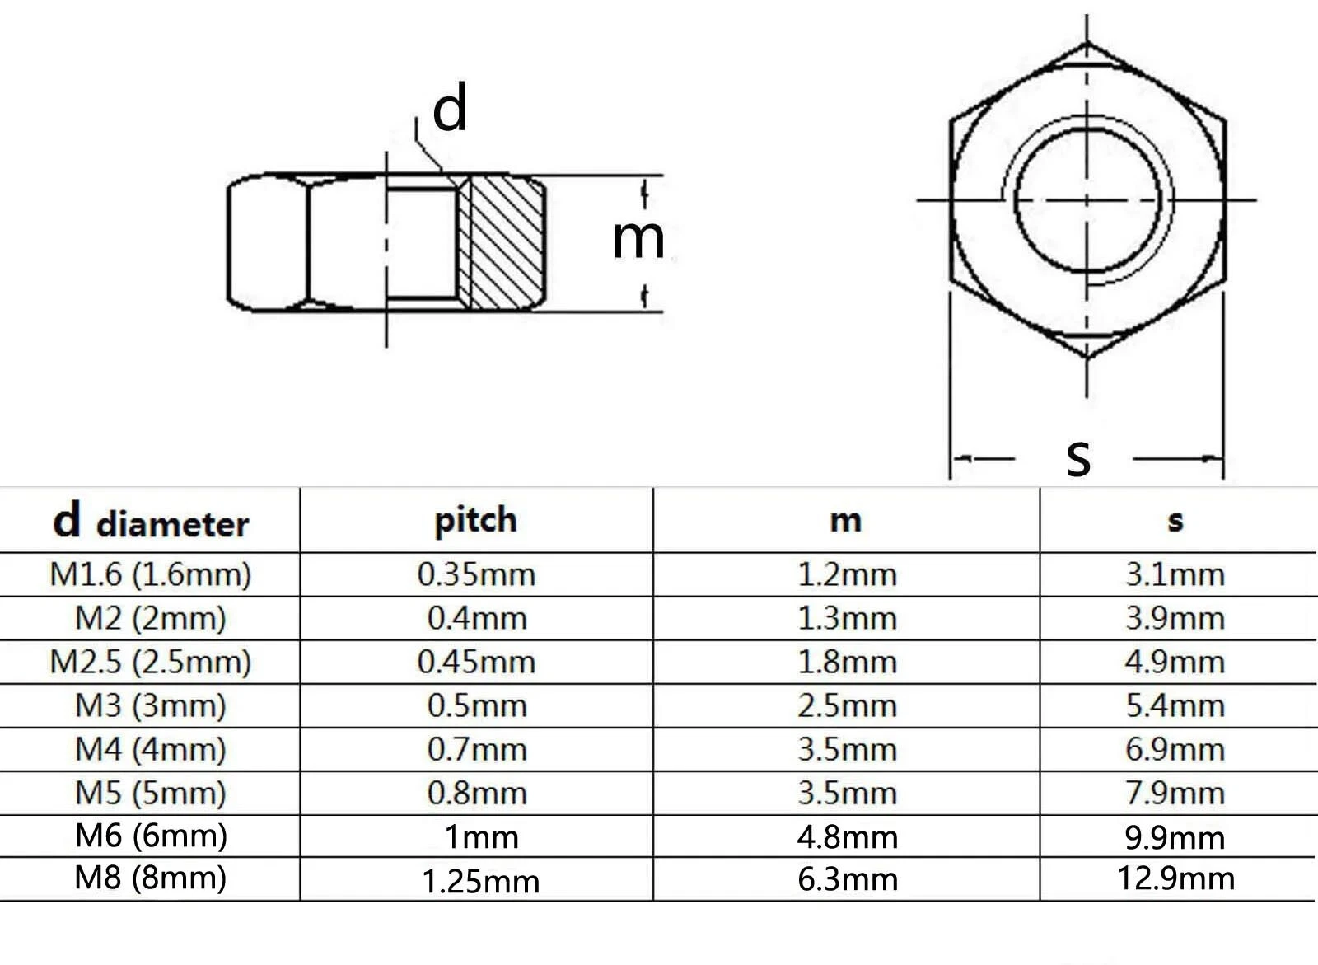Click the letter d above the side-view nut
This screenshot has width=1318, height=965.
pos(450,108)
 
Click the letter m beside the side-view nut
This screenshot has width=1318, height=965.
pos(638,239)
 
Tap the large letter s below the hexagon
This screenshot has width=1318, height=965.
pos(1078,458)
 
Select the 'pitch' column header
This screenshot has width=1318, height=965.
pos(475,521)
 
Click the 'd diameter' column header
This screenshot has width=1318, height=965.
pos(151,522)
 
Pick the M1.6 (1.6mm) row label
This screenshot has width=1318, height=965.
pos(151,574)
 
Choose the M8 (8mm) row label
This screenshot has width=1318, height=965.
pos(151,878)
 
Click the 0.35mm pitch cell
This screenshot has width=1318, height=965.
pos(477,574)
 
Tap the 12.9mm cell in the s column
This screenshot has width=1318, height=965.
pos(1176,878)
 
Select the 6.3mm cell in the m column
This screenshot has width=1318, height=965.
pos(848,879)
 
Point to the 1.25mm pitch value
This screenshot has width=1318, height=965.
pos(481,882)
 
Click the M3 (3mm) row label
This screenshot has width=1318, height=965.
pos(151,705)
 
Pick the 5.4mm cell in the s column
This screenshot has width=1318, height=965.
pos(1175,705)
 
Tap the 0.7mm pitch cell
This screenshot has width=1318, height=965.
pos(477,750)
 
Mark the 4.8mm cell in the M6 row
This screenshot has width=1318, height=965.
pos(848,837)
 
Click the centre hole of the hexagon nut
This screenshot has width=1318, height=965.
pos(1087,200)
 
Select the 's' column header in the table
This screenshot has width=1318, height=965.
pos(1175,521)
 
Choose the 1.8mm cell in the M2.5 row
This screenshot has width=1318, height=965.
pos(848,662)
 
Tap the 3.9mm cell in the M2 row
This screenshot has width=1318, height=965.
pos(1175,618)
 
